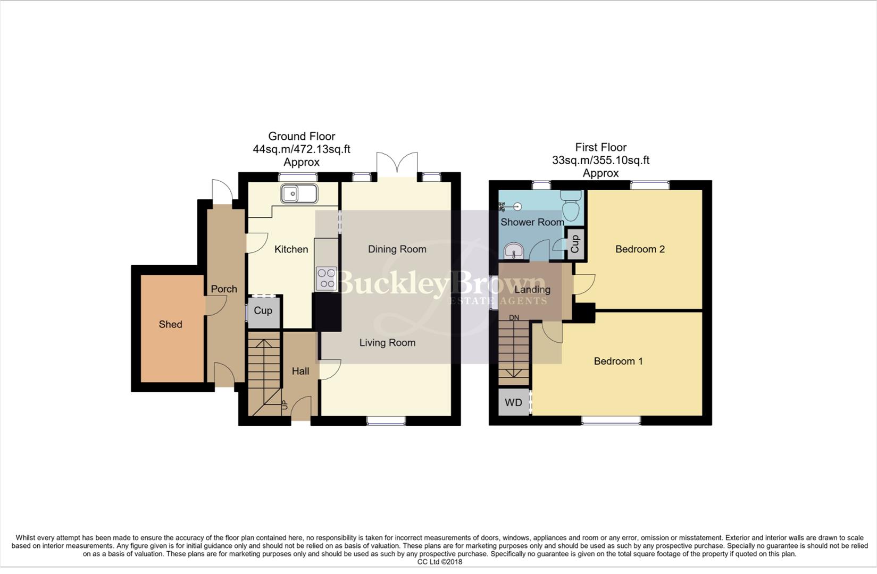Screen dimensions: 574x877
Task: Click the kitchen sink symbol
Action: click(x=299, y=194)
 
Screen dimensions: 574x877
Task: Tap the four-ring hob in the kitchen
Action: click(x=327, y=278)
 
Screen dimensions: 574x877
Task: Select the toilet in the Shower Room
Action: click(x=571, y=206)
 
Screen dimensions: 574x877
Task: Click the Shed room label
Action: click(x=170, y=324)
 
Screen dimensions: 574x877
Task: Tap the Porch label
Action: click(x=224, y=289)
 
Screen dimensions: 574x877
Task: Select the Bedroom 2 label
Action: click(x=640, y=249)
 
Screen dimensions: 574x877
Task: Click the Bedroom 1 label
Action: click(x=618, y=361)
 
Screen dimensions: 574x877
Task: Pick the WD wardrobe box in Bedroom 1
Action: click(x=514, y=402)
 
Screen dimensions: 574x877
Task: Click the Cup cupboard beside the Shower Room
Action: click(x=575, y=244)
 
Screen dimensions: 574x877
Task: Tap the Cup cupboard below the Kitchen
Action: click(x=263, y=311)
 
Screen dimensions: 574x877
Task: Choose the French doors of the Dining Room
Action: click(x=397, y=164)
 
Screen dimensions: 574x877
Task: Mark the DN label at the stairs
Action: click(x=514, y=318)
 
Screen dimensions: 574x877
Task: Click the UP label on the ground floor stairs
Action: click(x=284, y=404)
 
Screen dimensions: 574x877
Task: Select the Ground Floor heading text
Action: click(x=302, y=137)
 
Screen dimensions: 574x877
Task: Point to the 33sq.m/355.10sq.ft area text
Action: click(x=600, y=160)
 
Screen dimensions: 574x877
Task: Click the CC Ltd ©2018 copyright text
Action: click(x=439, y=562)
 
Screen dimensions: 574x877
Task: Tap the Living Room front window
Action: click(x=386, y=421)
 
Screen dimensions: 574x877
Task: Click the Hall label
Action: click(x=300, y=372)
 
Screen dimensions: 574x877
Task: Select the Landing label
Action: click(x=532, y=290)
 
